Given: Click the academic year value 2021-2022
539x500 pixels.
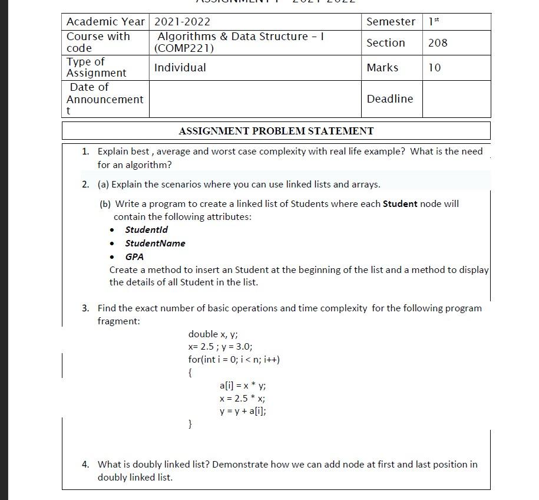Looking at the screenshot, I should (182, 22).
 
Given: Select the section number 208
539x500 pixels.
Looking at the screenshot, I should (438, 42).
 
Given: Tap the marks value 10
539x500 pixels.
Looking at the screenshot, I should (434, 68).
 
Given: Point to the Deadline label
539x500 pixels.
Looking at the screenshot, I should (389, 99).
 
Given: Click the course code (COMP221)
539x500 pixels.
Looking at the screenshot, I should (184, 49).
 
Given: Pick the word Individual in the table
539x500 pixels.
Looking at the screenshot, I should (180, 68).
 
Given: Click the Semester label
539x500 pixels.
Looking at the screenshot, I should (391, 22).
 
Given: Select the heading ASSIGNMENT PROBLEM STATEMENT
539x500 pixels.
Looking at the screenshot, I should (276, 131).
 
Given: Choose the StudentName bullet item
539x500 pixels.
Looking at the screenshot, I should (155, 243).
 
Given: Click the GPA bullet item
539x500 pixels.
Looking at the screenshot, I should (134, 256).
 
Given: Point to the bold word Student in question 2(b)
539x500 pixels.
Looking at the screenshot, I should (400, 204).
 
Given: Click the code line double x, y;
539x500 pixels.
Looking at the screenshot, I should (213, 334).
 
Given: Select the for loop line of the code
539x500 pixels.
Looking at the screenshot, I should (234, 360).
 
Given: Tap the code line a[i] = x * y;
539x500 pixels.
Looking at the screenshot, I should (242, 386).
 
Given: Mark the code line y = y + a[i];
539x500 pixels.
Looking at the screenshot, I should (242, 412).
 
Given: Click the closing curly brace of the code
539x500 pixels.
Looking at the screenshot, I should (190, 424).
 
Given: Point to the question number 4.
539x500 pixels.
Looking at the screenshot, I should (85, 465).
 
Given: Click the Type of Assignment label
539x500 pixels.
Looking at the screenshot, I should (96, 68).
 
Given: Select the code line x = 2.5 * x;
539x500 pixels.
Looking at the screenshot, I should (242, 399).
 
